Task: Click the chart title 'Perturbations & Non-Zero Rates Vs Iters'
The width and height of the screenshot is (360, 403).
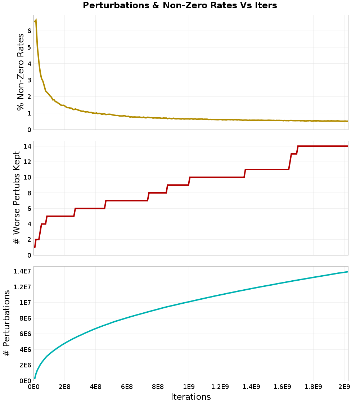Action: tap(180, 5)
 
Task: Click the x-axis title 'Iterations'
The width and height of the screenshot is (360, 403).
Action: tap(190, 397)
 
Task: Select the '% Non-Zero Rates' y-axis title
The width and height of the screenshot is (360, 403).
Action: tap(21, 72)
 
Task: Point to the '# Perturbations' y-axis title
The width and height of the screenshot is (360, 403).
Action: tap(6, 323)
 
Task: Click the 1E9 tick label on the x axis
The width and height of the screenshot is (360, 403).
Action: tap(189, 387)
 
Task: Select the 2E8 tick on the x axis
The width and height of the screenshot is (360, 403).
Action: tap(64, 387)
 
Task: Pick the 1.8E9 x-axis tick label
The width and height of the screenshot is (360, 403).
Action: tap(313, 387)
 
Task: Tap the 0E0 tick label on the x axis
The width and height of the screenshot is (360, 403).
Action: tap(33, 387)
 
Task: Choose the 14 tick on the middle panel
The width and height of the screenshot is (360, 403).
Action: tap(27, 146)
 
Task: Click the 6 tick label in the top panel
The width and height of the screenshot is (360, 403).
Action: tap(29, 31)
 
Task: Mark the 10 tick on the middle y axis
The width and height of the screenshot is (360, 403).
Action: tap(27, 177)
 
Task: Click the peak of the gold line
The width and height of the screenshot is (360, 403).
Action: tap(36, 20)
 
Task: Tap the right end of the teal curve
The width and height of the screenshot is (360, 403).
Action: tap(348, 272)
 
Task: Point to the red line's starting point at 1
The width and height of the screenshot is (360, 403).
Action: tap(35, 247)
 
